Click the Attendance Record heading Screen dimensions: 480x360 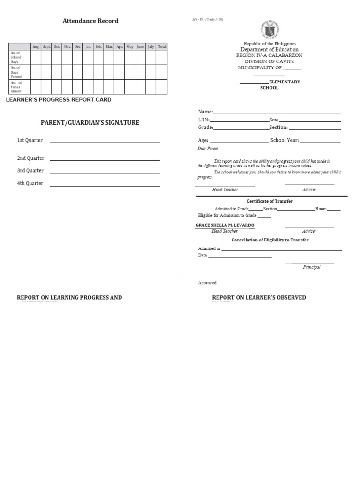click(90, 21)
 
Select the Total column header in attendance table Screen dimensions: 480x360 click(162, 47)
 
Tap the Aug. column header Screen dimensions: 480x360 click(36, 47)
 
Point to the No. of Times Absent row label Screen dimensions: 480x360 click(16, 87)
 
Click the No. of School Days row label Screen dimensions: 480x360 click(16, 58)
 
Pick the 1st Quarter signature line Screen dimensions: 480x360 click(105, 142)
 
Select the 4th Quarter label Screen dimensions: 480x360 click(30, 183)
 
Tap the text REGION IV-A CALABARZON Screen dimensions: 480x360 click(269, 55)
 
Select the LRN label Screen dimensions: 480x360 click(203, 120)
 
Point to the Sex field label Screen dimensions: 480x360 click(274, 120)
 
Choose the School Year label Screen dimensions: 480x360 click(285, 140)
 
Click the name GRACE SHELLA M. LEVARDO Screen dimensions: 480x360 click(225, 225)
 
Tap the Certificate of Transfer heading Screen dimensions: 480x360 click(270, 201)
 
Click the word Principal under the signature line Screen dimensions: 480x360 click(312, 267)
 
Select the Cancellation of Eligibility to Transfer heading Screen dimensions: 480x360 click(270, 240)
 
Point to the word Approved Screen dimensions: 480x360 click(208, 283)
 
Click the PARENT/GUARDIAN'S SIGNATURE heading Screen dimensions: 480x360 click(90, 123)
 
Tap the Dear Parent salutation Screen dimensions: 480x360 click(208, 149)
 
